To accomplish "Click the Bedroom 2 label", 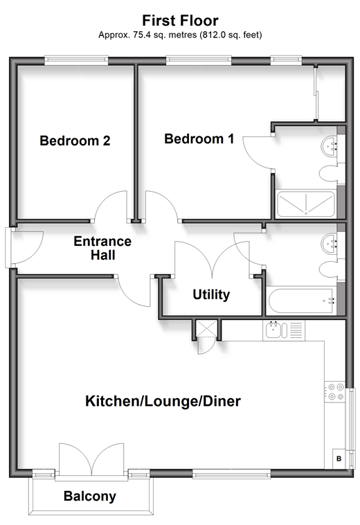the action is click(75, 141).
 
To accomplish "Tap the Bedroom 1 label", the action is click(199, 139).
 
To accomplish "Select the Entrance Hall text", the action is click(102, 248).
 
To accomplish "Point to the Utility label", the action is click(211, 294).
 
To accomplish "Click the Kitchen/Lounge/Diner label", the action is click(163, 401).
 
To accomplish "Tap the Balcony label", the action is click(90, 496).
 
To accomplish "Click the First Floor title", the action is click(180, 20).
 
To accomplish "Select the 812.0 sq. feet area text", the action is click(231, 35).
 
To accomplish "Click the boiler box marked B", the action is click(339, 459).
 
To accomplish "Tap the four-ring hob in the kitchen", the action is click(335, 392).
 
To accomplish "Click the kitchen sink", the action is click(277, 330).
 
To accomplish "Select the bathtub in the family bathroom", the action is click(301, 300).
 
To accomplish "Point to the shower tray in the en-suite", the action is click(305, 204).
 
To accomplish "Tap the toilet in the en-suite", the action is click(329, 174).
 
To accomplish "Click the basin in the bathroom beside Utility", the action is click(330, 243).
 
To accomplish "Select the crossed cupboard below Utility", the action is click(206, 328).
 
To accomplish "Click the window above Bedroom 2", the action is click(76, 60).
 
